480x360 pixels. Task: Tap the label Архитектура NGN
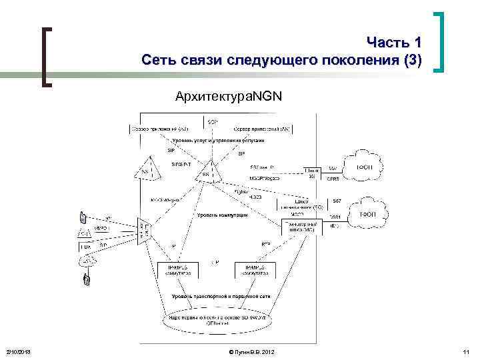[229, 97]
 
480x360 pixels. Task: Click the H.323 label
[255, 197]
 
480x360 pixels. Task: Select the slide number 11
[465, 351]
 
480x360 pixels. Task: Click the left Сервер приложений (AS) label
[160, 129]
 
